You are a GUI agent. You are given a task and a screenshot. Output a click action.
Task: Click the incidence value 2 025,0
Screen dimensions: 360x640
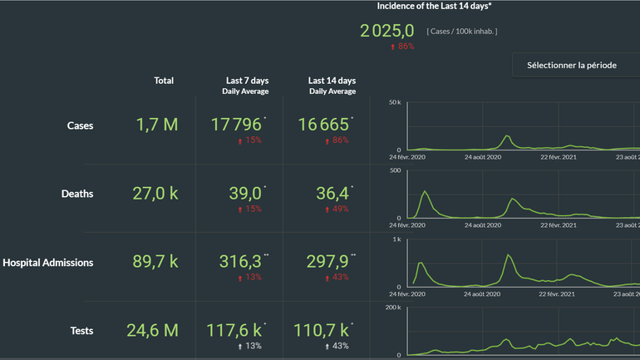point(386,31)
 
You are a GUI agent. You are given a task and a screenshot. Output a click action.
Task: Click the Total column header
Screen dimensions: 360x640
point(164,81)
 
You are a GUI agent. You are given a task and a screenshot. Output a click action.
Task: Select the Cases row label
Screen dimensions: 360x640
point(81,126)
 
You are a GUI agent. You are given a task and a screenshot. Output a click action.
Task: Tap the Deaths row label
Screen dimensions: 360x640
point(77,194)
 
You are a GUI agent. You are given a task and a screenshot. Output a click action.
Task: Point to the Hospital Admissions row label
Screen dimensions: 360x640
point(48,263)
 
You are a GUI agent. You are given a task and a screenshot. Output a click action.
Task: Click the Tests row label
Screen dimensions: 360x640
point(81,331)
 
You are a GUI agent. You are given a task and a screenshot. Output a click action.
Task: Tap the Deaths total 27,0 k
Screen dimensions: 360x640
point(155,194)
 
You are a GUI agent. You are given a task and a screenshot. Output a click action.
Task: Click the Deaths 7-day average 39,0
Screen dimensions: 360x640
point(245,194)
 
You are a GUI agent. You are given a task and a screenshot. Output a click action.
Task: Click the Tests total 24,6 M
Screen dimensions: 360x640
point(152,330)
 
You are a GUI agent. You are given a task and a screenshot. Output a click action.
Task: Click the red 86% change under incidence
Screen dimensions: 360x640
point(402,47)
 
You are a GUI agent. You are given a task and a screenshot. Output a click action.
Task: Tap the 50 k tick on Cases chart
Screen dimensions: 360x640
point(395,102)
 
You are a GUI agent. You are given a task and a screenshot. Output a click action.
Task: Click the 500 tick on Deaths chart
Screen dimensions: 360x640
point(396,170)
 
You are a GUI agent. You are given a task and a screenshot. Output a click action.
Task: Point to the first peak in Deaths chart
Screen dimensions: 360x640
point(426,192)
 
